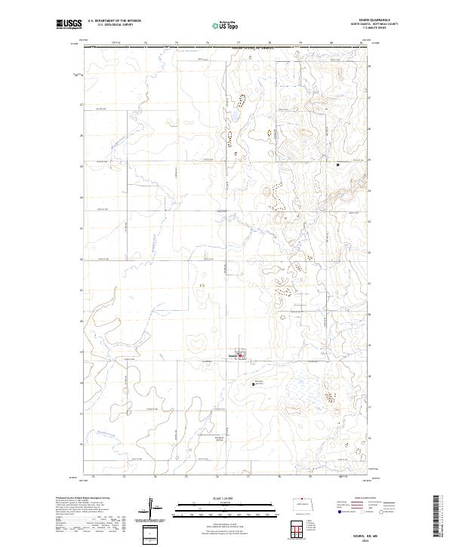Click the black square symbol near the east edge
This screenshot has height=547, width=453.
(x=337, y=165)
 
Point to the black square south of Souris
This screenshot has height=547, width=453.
(x=252, y=385)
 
